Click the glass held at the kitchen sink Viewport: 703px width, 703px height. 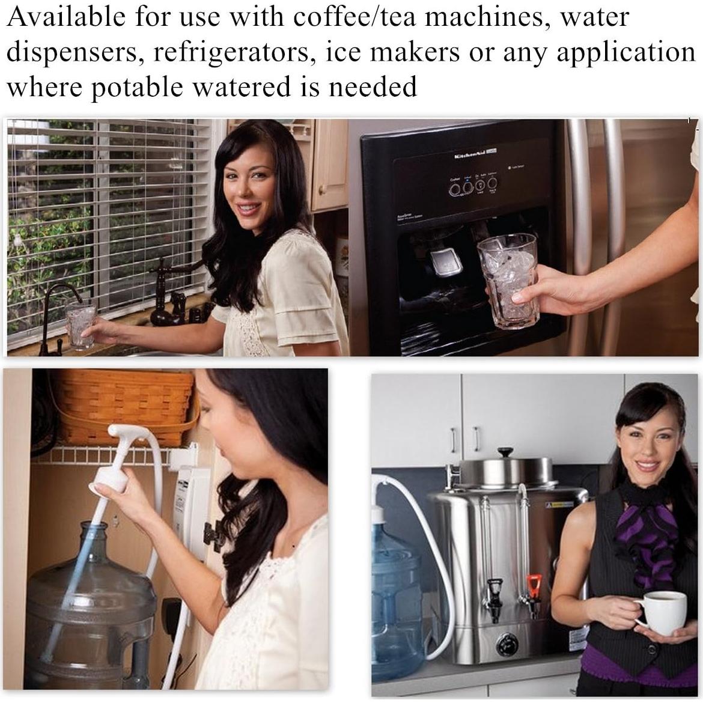pos(81,326)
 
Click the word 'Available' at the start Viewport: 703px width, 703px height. pos(65,17)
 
